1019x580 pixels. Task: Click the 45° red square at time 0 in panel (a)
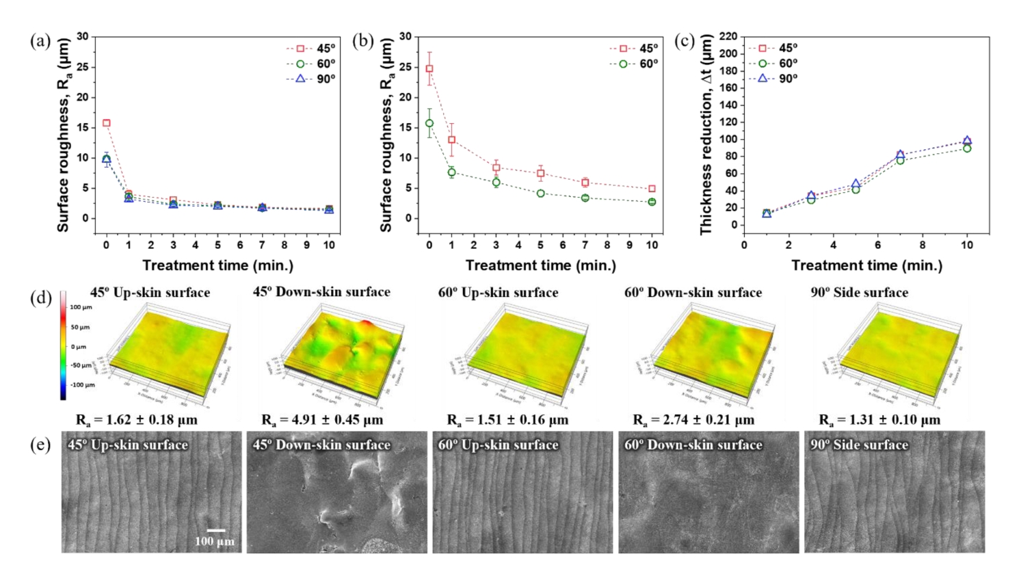click(107, 123)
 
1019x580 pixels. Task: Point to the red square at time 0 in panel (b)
click(429, 68)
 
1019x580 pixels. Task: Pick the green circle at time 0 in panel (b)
click(429, 123)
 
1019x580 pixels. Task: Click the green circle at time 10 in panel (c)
click(967, 148)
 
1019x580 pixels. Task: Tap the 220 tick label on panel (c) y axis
click(728, 36)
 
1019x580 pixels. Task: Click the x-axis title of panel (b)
click(540, 265)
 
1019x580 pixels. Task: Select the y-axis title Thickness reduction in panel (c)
click(706, 135)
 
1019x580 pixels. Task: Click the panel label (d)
click(40, 298)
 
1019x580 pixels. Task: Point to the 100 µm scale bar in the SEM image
click(216, 530)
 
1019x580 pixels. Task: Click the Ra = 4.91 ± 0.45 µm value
click(322, 419)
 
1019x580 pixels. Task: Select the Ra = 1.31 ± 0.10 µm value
click(879, 419)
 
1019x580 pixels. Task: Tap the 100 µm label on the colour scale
click(81, 308)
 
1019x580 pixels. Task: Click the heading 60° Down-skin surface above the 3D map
click(693, 293)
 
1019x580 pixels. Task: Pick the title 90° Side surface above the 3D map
click(860, 293)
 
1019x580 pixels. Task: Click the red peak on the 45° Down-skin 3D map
click(366, 323)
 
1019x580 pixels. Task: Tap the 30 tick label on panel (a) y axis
click(83, 36)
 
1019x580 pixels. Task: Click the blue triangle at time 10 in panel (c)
click(967, 140)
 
